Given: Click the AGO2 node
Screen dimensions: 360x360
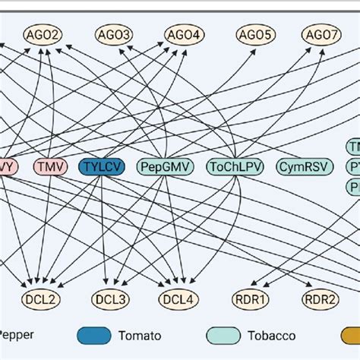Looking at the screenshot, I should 45,34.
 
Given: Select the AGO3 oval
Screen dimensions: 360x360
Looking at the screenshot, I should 114,34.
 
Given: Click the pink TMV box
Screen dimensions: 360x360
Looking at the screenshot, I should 51,166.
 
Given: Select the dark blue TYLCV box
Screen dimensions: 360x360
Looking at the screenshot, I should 102,166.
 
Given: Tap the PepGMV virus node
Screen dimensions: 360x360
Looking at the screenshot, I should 165,166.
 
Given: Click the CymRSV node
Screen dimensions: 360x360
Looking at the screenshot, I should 302,166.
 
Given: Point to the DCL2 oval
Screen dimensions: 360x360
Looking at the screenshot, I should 45,299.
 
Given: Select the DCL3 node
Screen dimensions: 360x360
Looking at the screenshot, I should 114,299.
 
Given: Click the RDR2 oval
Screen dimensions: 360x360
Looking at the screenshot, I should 321,299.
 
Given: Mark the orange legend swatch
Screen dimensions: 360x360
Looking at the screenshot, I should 350,334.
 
